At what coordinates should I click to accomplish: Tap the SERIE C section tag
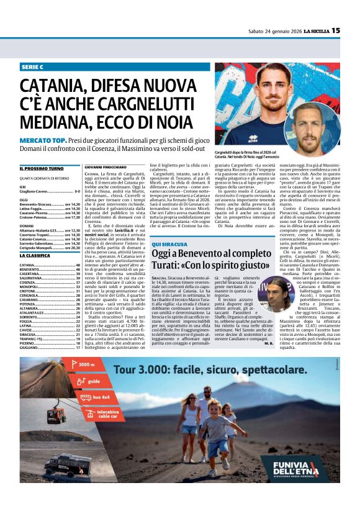[x=33, y=66]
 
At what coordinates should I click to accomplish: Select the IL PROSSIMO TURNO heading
[x=41, y=168]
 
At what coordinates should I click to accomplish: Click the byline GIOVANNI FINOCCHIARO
[x=109, y=167]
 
